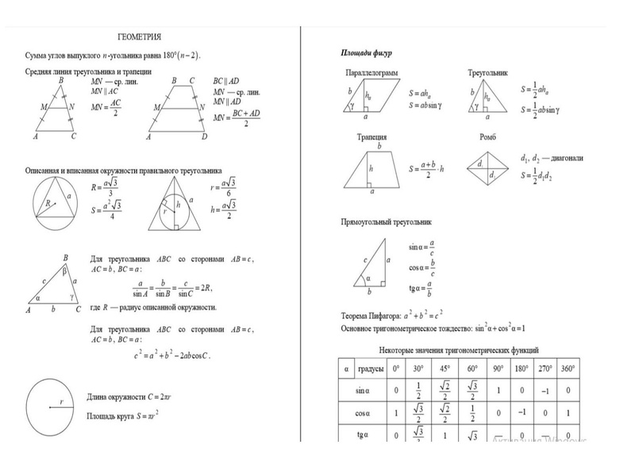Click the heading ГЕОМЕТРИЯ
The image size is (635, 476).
[140, 37]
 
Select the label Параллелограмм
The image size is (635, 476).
[371, 73]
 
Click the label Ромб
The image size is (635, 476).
[487, 136]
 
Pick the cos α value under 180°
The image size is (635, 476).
[522, 413]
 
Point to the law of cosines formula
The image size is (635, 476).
[171, 355]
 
